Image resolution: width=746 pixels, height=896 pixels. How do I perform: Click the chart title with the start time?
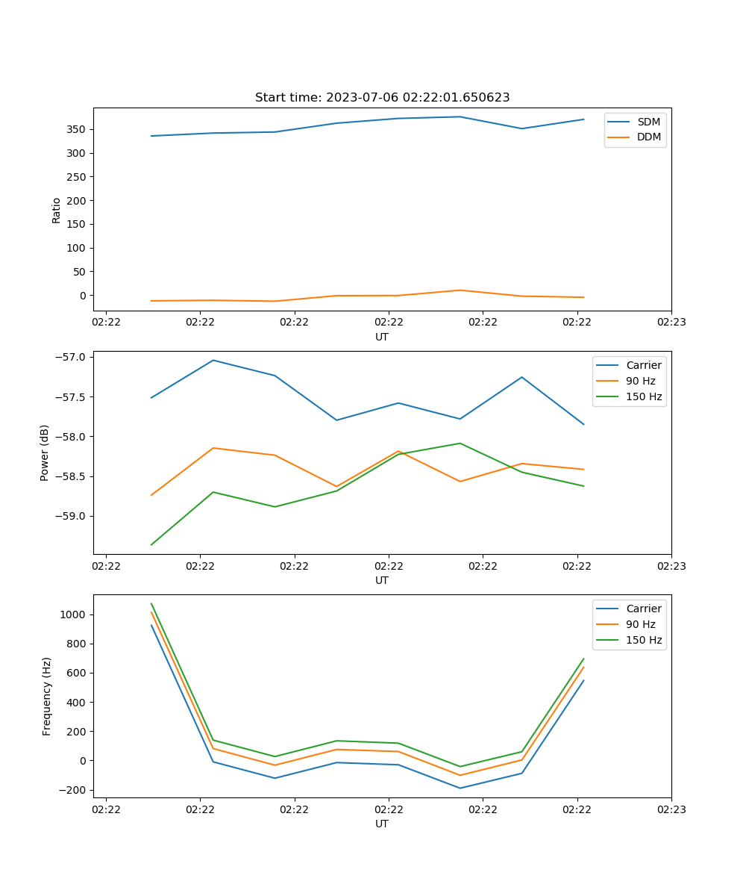[382, 98]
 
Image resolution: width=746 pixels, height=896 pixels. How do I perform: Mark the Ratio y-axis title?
[57, 210]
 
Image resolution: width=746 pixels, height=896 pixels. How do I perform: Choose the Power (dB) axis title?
[45, 452]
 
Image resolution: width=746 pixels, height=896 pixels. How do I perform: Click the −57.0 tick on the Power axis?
[71, 357]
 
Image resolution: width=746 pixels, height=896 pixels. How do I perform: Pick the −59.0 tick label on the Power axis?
[71, 516]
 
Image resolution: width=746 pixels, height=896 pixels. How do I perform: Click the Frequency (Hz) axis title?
[46, 696]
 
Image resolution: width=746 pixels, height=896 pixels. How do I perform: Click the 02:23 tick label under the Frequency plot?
[671, 809]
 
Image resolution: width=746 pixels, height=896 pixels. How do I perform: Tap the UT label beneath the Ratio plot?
[382, 337]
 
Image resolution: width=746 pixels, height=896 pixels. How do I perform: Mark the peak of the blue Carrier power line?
[213, 360]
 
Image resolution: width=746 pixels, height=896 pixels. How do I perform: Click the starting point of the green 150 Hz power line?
[151, 544]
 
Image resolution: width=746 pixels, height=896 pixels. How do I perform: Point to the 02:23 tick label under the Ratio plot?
[671, 323]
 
